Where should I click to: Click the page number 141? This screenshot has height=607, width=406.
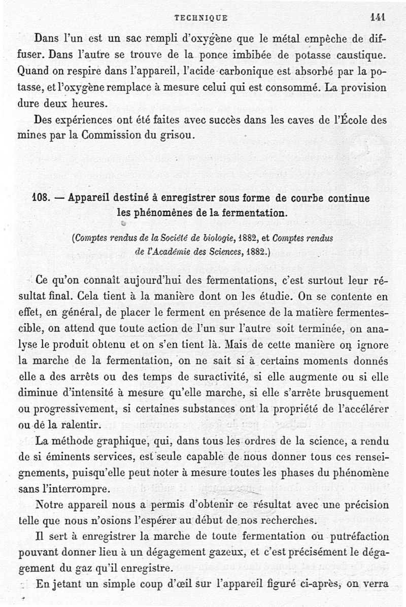378,17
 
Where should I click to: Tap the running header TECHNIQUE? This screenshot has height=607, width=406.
201,17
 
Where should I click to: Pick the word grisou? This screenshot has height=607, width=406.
179,136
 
